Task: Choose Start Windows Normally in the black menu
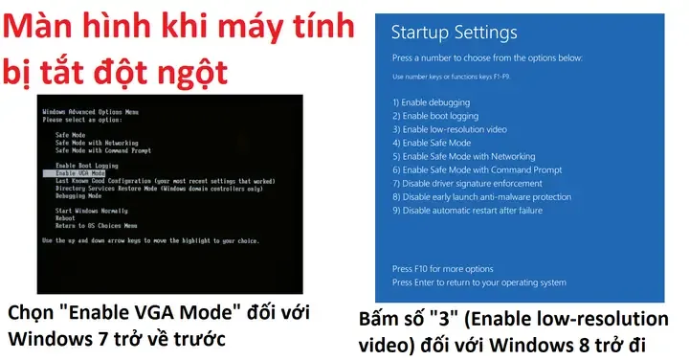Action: point(92,210)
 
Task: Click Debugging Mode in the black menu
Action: point(80,194)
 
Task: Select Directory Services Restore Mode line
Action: point(159,188)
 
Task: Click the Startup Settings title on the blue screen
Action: point(455,33)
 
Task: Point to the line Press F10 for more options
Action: point(443,269)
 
